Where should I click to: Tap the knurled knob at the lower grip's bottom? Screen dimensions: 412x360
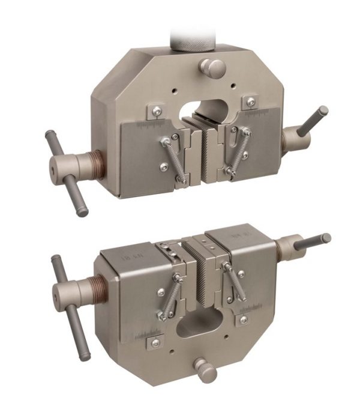(x=206, y=370)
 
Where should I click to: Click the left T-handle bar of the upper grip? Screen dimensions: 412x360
(x=67, y=174)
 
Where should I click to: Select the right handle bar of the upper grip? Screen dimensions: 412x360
(x=313, y=120)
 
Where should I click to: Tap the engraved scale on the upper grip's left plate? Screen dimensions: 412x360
(x=152, y=124)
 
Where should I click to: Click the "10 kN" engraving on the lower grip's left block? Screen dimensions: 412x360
(x=122, y=256)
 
